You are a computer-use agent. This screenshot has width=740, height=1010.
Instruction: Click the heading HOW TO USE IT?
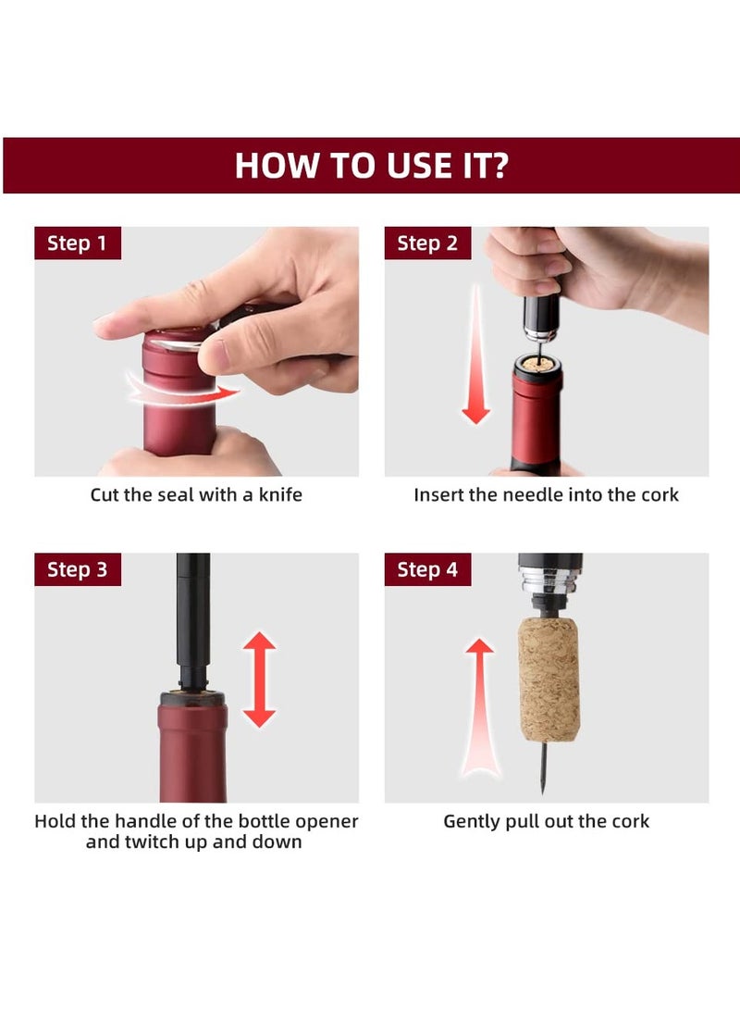point(370,166)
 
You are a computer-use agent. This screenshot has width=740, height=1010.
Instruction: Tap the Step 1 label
point(77,243)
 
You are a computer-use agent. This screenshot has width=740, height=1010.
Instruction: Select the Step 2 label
point(427,243)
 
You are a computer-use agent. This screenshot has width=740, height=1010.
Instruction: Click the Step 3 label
point(77,569)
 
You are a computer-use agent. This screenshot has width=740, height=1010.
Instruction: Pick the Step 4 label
point(427,569)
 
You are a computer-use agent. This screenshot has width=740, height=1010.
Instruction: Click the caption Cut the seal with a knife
point(196,495)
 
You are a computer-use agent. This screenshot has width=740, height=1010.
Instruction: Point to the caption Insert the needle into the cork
point(546,495)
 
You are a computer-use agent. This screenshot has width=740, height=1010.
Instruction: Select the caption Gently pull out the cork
point(546,821)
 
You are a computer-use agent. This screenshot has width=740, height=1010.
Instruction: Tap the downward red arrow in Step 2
point(475,361)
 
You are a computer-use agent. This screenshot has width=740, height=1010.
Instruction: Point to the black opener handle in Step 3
point(192,611)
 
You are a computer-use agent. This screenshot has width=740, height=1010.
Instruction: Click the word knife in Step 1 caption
point(279,495)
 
